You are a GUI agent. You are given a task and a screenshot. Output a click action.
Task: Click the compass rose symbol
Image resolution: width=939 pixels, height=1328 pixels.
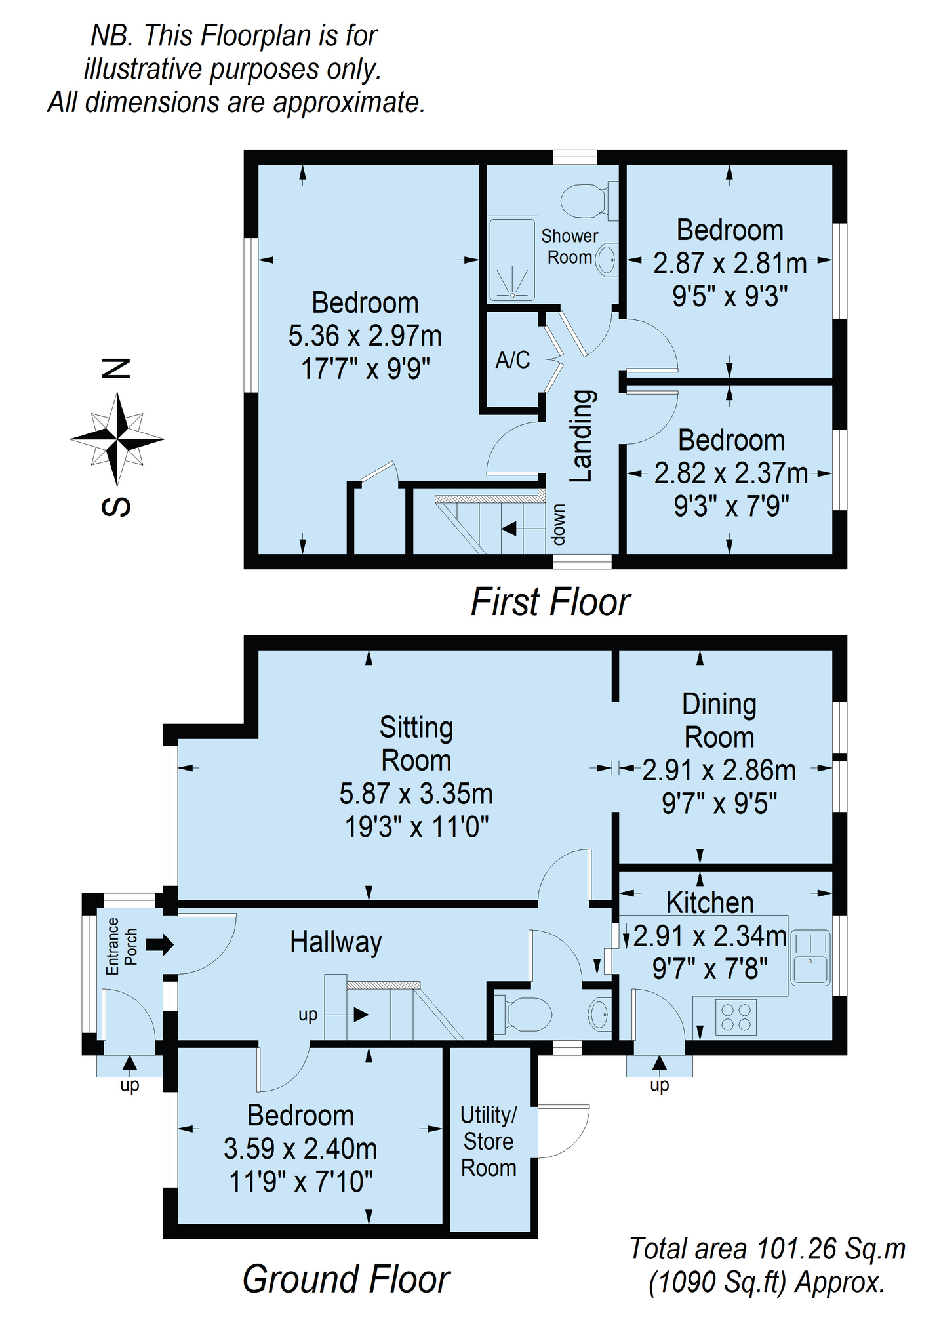point(117,438)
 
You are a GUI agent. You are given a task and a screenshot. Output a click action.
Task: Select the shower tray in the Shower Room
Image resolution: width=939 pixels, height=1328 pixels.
point(512,260)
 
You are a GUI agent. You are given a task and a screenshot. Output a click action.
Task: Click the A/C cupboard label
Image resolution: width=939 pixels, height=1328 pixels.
point(512,359)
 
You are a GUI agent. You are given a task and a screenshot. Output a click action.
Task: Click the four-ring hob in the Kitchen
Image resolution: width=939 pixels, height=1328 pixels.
point(736,1017)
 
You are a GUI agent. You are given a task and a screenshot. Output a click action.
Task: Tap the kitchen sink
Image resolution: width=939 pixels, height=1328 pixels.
point(811,957)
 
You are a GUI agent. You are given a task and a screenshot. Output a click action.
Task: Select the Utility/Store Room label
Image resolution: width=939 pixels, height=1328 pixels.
point(489,1141)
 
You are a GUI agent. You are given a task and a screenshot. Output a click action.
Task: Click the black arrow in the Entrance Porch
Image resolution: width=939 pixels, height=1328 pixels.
point(159,944)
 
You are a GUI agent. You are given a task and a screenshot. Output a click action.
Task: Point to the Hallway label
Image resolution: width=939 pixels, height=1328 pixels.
point(336,942)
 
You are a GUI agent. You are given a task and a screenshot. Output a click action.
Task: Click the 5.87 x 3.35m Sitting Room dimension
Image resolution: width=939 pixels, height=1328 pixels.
point(416,794)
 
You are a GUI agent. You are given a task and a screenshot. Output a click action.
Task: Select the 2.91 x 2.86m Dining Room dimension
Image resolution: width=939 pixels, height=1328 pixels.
point(719,770)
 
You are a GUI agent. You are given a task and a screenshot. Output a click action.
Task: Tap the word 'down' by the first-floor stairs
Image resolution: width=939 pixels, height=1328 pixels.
point(557,525)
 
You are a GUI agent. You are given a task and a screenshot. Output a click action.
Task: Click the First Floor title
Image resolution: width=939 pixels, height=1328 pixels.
point(550,602)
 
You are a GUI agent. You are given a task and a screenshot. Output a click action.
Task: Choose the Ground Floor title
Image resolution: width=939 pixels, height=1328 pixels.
point(346,1279)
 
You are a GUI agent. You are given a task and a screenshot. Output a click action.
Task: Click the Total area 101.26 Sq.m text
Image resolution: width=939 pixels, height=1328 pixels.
point(767,1249)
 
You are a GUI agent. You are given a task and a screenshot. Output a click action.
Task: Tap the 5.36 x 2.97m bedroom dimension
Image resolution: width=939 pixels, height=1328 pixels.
point(365,336)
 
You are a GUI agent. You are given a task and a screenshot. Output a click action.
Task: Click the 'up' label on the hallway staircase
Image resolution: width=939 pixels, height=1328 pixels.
point(308,1015)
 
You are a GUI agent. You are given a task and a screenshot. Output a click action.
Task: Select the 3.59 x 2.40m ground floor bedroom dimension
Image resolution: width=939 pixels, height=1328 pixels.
point(300,1149)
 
